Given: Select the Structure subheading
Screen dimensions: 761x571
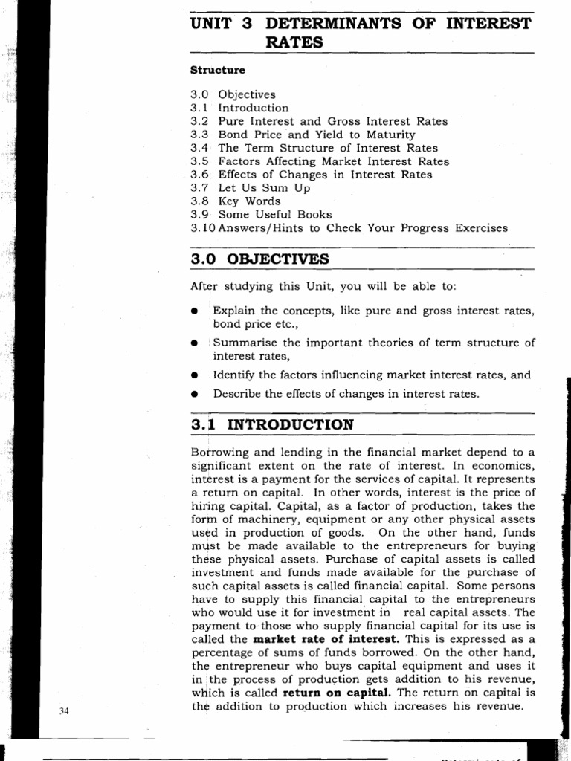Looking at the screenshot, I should click(218, 70).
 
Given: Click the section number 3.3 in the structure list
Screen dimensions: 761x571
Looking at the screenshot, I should click(199, 135).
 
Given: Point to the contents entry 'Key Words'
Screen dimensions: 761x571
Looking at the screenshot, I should click(249, 201).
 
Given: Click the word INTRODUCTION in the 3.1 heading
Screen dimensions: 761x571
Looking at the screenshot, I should click(290, 425).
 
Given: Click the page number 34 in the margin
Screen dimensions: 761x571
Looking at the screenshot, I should click(64, 710).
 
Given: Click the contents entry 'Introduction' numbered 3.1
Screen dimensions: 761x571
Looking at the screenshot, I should click(253, 108).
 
